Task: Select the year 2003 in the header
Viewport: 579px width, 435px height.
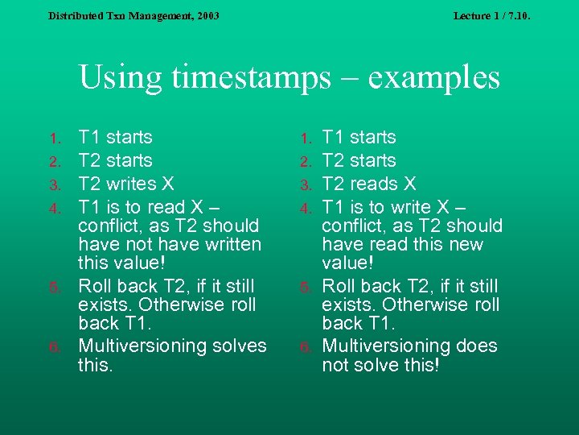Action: tap(207, 15)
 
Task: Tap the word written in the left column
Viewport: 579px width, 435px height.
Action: tap(229, 244)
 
